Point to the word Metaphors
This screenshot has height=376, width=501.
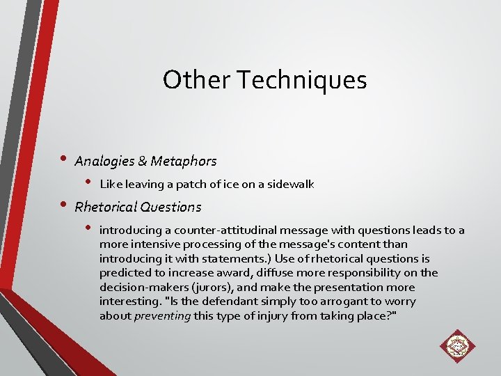coord(182,162)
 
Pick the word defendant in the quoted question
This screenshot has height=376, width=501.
coord(223,301)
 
